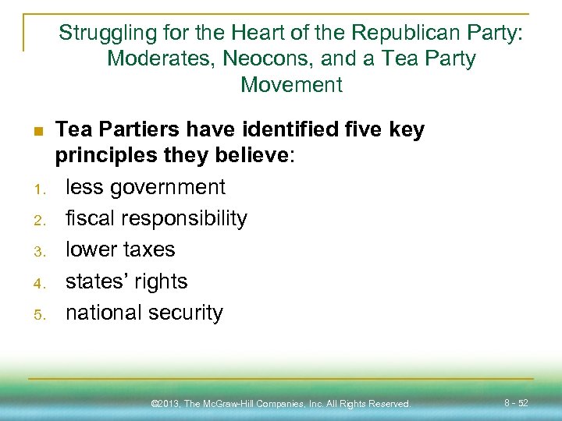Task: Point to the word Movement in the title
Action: [291, 84]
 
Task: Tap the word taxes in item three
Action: [148, 249]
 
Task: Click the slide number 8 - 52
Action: [516, 403]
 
